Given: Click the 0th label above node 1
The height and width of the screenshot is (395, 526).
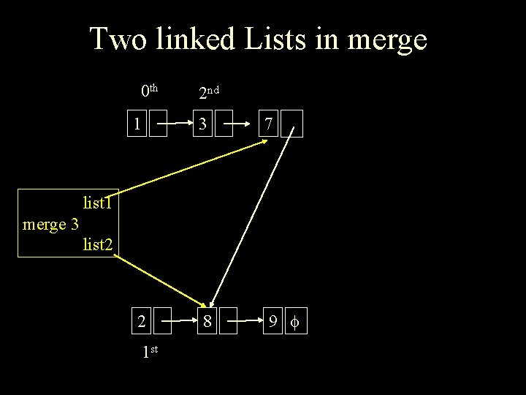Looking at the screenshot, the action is [x=150, y=91].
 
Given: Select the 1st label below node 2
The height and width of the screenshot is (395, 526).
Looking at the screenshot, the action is [x=150, y=351].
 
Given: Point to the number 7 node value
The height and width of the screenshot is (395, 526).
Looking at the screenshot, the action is [x=269, y=125].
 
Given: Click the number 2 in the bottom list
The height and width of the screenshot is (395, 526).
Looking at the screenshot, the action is [x=140, y=320].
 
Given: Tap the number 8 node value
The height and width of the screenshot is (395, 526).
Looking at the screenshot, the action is [x=208, y=320].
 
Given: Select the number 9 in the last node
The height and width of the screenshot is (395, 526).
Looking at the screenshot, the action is [x=270, y=320].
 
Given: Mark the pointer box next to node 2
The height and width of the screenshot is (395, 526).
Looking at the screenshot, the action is [x=161, y=320].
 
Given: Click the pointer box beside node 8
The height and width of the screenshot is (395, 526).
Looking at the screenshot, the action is [x=229, y=320].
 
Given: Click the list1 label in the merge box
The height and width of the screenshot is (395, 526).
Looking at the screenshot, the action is [x=97, y=202].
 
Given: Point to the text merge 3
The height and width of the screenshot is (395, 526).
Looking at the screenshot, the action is [x=50, y=224].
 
